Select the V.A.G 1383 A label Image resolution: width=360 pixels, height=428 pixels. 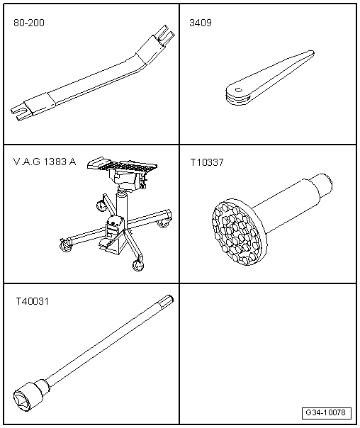[44, 162]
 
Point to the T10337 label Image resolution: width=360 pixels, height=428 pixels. [206, 162]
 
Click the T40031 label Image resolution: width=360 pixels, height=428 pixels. [32, 301]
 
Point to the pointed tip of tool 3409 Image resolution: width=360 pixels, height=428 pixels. [310, 52]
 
